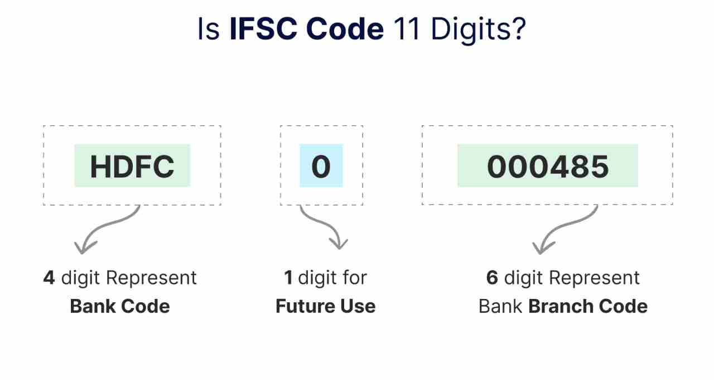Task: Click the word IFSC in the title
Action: (x=263, y=29)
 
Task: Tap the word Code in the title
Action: (x=345, y=29)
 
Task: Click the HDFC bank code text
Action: (x=132, y=167)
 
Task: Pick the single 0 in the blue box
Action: (x=321, y=167)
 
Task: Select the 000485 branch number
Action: (x=548, y=167)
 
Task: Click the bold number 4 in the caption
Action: (x=49, y=278)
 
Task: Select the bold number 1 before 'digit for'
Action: (x=288, y=278)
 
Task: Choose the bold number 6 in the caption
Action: (x=492, y=278)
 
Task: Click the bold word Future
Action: (x=305, y=306)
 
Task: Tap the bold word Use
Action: (x=358, y=306)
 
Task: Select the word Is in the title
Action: (x=209, y=29)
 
